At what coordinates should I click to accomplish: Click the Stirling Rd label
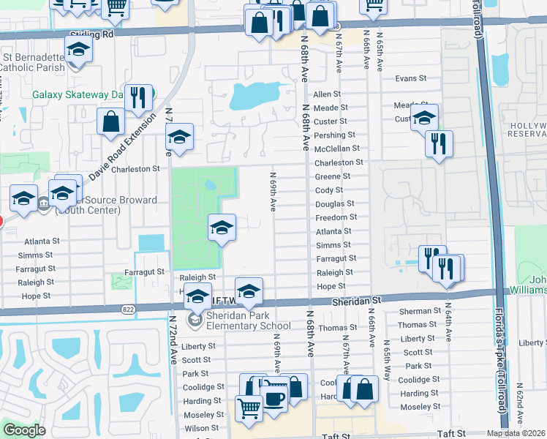coord(93,34)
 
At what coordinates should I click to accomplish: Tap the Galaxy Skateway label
coord(76,94)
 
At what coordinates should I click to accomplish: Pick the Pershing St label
coord(334,135)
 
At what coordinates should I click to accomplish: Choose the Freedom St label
coord(336,217)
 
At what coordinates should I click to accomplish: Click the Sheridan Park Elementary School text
coord(238,320)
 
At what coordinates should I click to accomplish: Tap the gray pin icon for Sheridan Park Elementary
coord(195,319)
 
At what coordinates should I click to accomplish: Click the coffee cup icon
coord(274,399)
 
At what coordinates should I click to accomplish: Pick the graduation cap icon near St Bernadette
coord(76,50)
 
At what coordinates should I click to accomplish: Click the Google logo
coord(25,430)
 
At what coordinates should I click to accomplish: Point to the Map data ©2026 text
coord(516,433)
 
